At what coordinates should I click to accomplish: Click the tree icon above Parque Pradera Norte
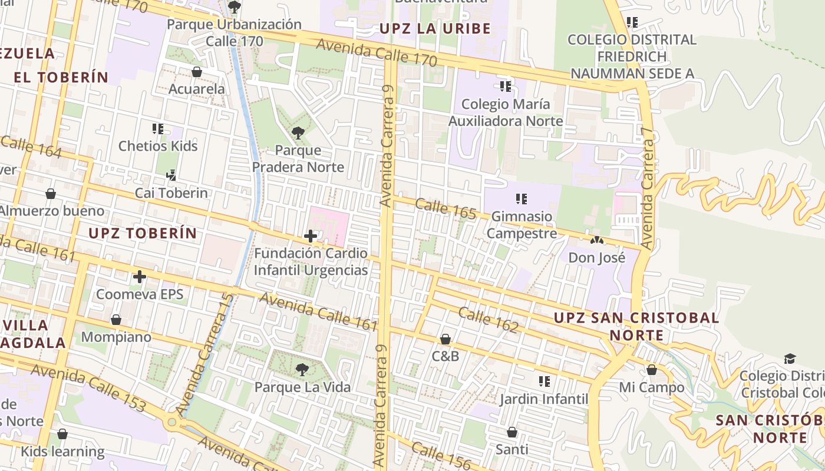coord(298,133)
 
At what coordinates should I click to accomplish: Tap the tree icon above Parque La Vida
coord(302,370)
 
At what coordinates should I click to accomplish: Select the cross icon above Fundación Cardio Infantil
coord(311,236)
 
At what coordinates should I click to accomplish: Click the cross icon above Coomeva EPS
coord(140,276)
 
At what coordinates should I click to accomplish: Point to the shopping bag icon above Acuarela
coord(197,72)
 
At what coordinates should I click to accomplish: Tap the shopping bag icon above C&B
coord(445,339)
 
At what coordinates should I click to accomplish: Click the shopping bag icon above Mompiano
coord(116,320)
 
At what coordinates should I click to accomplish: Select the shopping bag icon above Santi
coord(512,432)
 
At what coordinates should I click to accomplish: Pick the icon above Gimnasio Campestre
coord(522,199)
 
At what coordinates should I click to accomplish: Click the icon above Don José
coord(597,241)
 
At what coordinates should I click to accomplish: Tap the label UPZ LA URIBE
coord(435,28)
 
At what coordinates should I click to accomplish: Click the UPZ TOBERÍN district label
coord(143,233)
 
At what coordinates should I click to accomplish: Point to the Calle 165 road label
coord(445,209)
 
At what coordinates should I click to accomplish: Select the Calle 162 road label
coord(488,320)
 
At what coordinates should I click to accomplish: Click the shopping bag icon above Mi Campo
coord(652,370)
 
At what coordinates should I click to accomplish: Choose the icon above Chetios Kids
coord(158,128)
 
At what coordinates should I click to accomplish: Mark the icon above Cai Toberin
coord(171,175)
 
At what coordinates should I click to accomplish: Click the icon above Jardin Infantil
coord(544,382)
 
